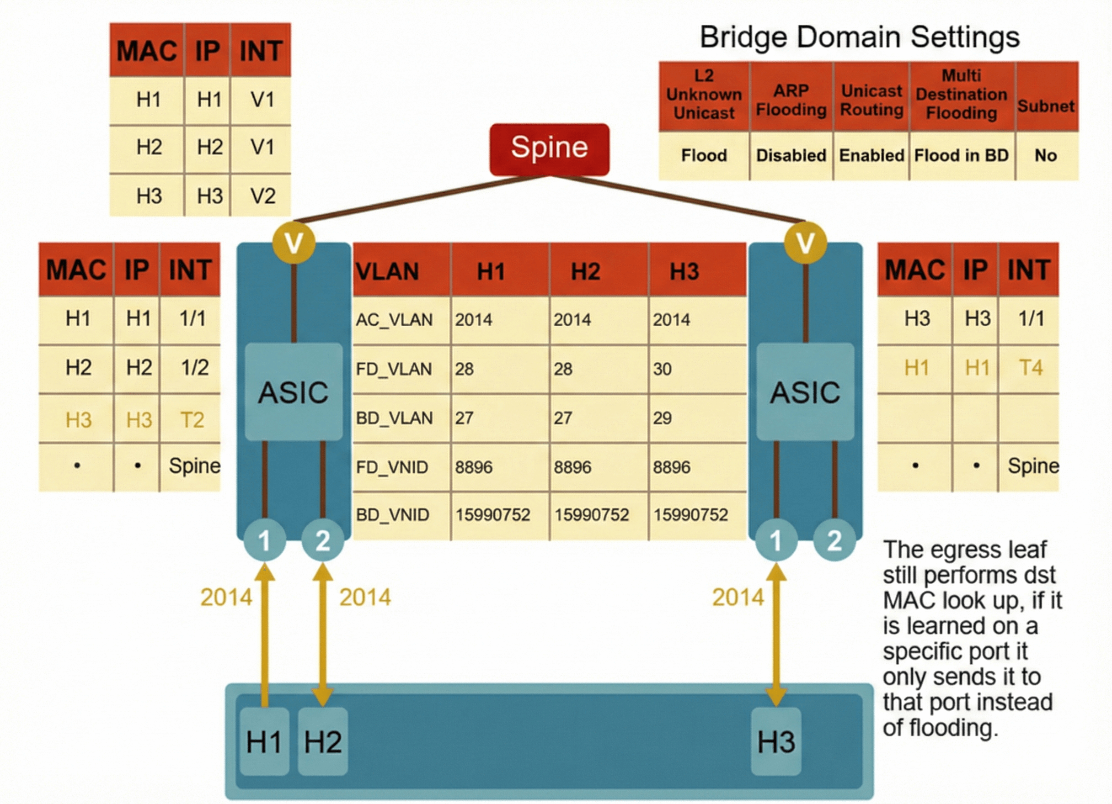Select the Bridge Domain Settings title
coord(859,37)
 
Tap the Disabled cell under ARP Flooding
coord(791,156)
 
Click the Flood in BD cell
coord(961,156)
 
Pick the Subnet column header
coord(1046,106)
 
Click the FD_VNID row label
coord(392,467)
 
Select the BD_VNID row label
coord(392,515)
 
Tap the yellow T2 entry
coord(192,420)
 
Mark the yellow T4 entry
coord(1030,367)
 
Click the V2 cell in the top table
coord(263,196)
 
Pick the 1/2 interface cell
coord(194,367)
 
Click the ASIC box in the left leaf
coord(293,392)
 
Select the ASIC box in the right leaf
coord(805,392)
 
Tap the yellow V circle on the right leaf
coord(805,243)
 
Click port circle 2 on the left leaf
coord(322,540)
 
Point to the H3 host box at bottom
coord(776,741)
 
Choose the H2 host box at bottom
coord(323,741)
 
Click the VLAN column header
coord(387,271)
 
